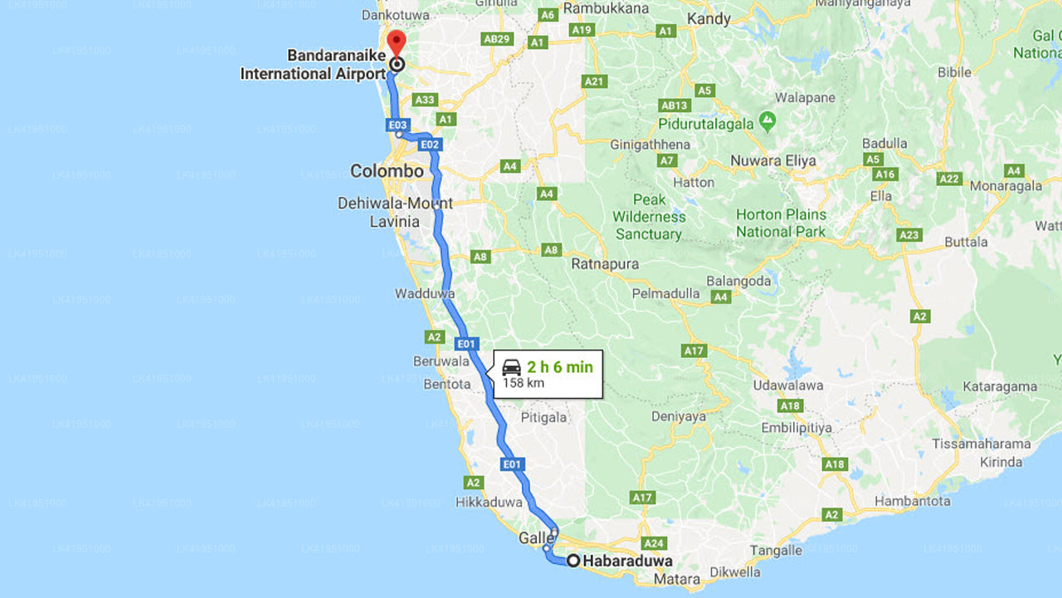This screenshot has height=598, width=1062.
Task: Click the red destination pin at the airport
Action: [397, 42]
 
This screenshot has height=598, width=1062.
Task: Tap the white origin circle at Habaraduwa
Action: [573, 561]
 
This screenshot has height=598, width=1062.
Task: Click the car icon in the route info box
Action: [512, 367]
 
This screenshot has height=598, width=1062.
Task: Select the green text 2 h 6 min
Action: [560, 366]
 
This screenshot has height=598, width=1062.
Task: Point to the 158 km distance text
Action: [524, 383]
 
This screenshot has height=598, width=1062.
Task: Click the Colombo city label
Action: [387, 171]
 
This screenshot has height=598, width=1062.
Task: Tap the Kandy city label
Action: [709, 18]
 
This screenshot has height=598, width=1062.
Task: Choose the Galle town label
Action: [535, 538]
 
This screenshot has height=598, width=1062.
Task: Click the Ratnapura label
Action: [605, 264]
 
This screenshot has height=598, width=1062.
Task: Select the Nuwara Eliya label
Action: [773, 160]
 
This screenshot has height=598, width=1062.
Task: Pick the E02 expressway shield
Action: [429, 145]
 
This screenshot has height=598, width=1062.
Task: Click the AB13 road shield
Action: [675, 105]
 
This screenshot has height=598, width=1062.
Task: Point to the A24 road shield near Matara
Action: [655, 544]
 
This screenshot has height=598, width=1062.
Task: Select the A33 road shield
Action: [425, 100]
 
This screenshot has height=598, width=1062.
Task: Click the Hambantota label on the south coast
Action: [912, 501]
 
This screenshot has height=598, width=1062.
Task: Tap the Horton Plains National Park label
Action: [781, 223]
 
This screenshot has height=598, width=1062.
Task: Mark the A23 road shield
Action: [909, 235]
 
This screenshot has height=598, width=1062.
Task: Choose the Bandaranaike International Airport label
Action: [313, 65]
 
